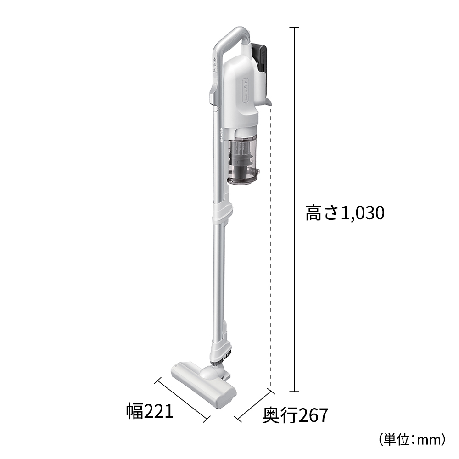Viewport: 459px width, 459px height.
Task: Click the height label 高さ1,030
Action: (x=344, y=213)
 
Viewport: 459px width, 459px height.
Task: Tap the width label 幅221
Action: (x=150, y=411)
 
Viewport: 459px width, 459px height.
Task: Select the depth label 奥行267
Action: (x=295, y=415)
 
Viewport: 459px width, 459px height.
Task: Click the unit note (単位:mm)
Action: (x=412, y=439)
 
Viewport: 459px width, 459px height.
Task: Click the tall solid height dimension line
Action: (x=294, y=138)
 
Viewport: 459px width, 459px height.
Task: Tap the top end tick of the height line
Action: (x=294, y=28)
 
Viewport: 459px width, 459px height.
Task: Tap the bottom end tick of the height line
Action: (x=294, y=392)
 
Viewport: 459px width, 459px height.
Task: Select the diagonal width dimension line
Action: (x=182, y=399)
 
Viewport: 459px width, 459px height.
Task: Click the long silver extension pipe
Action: (x=218, y=275)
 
